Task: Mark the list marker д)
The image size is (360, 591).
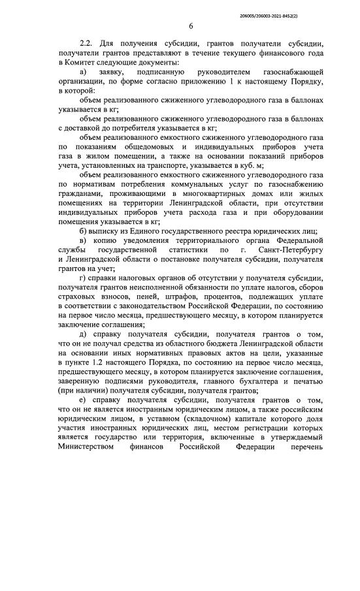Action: (82, 334)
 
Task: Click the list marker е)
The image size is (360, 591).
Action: (82, 400)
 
